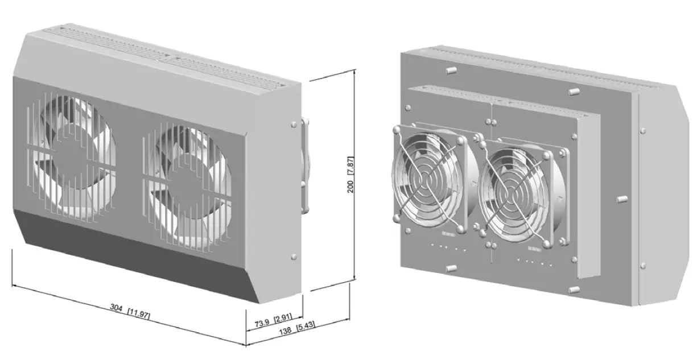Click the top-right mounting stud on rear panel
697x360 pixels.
pos(573,90)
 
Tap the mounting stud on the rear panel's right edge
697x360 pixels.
pos(622,199)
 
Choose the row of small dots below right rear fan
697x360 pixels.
pos(535,263)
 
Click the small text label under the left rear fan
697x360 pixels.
pos(447,234)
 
